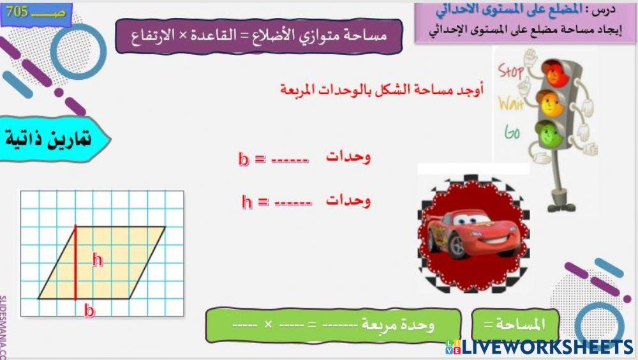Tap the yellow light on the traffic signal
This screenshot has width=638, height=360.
click(549, 102)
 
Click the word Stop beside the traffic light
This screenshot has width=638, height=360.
click(512, 71)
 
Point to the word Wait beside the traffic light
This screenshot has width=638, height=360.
click(511, 103)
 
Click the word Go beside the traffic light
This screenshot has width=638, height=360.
click(512, 132)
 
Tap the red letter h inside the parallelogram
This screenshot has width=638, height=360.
click(98, 260)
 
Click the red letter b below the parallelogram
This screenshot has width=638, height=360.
click(90, 311)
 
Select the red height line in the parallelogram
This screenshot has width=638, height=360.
click(75, 262)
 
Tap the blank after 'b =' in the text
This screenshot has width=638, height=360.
click(290, 160)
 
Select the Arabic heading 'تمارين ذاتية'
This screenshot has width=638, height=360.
click(48, 137)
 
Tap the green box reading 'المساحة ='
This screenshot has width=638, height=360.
click(515, 324)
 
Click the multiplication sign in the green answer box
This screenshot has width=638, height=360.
click(268, 324)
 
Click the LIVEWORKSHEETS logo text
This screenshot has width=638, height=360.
click(545, 347)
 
